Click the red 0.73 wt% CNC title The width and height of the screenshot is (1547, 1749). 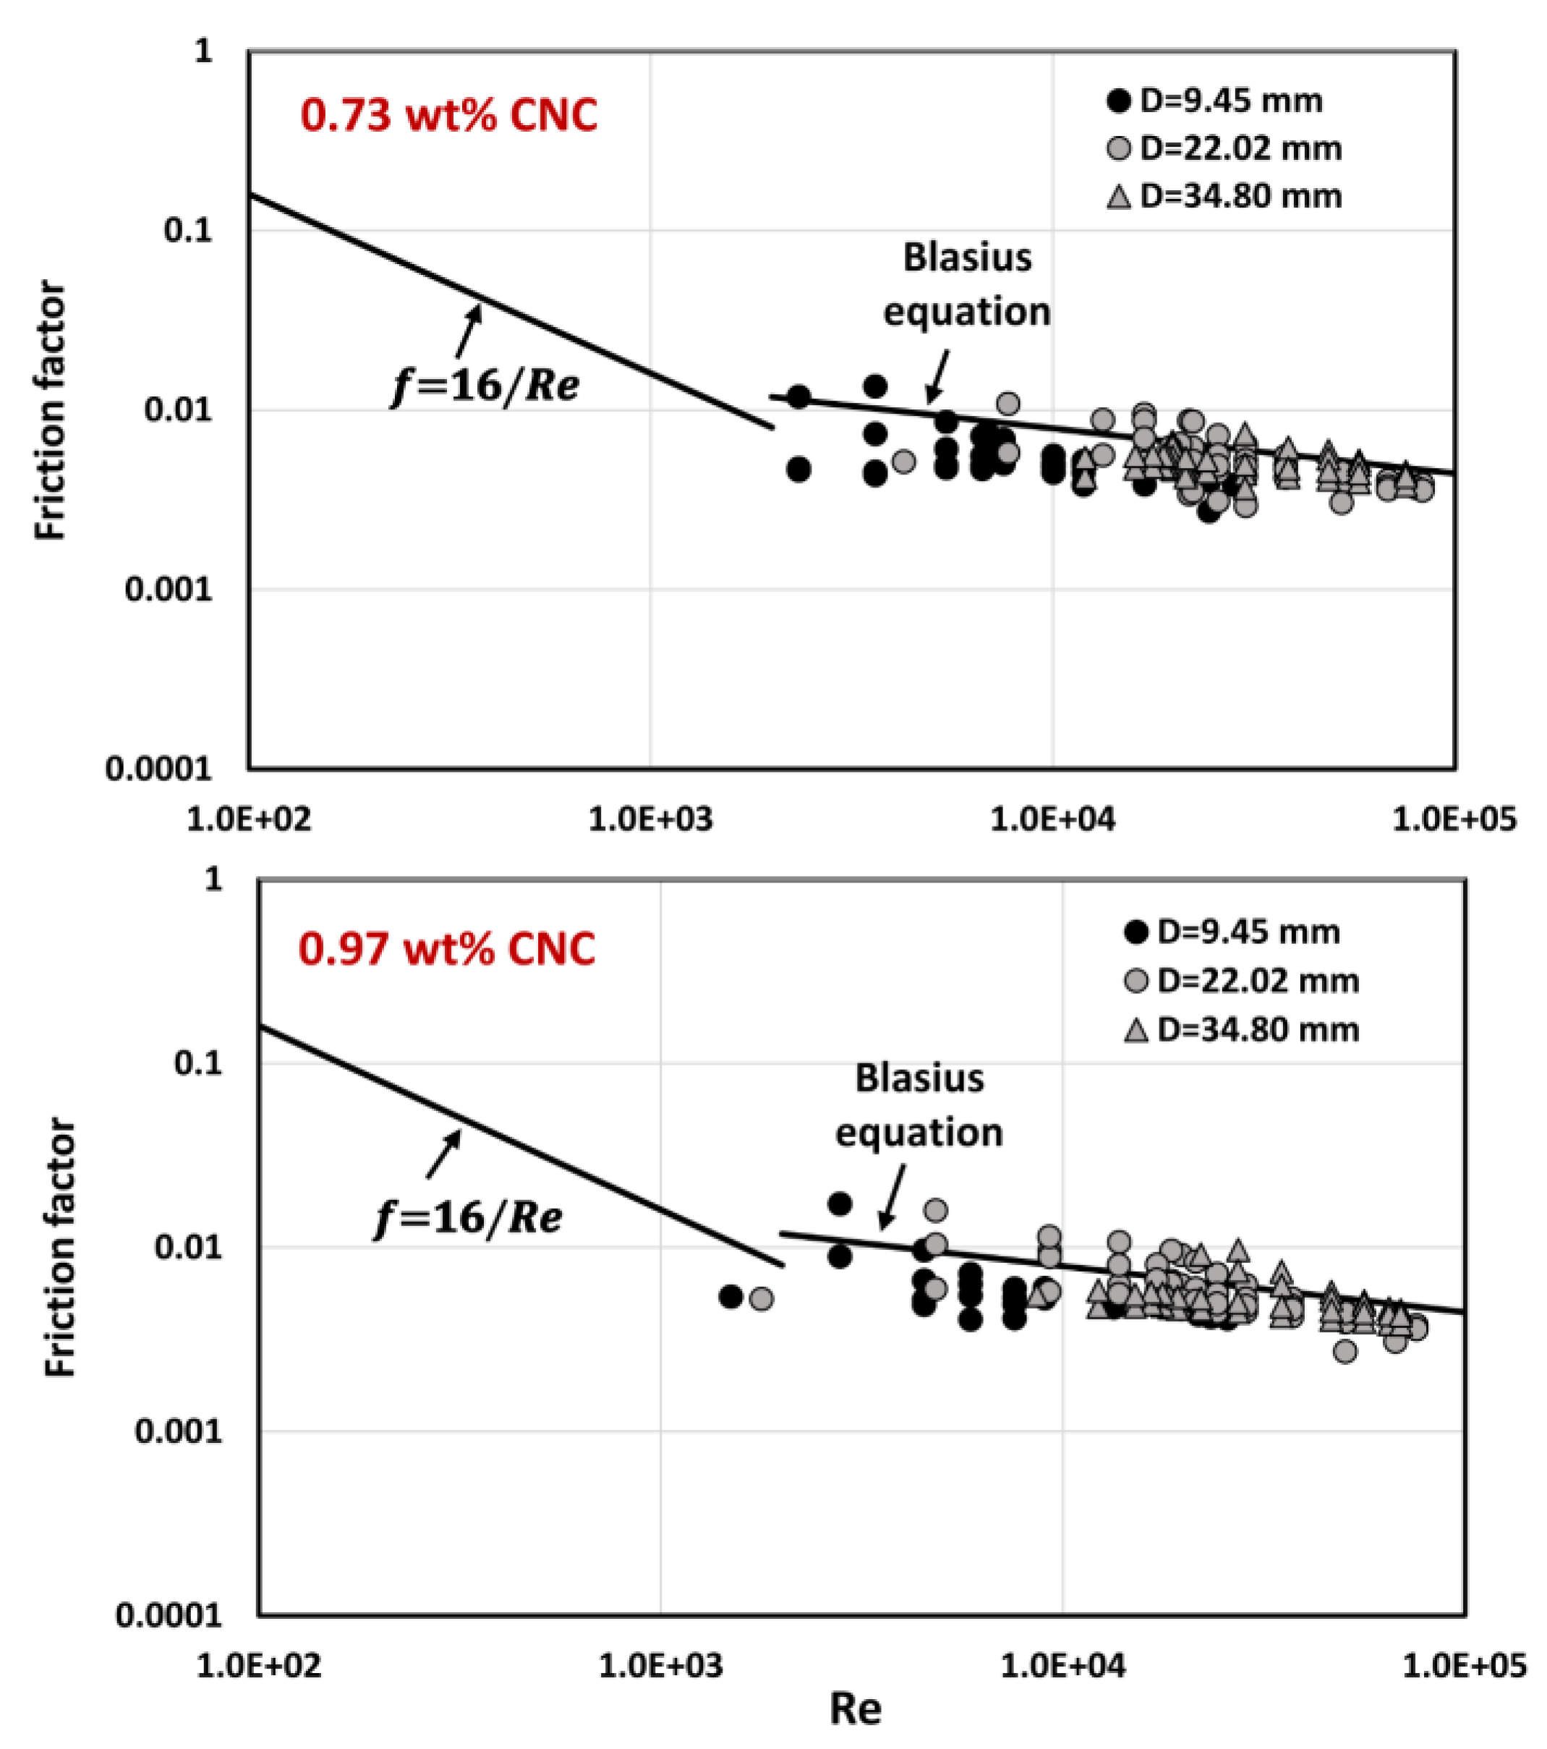click(448, 116)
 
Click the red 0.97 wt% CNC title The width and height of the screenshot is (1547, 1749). click(447, 950)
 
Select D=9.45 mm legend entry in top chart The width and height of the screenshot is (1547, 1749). click(1214, 101)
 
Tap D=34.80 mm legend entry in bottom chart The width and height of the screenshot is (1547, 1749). click(1240, 1029)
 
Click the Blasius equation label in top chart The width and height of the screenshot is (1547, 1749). click(967, 284)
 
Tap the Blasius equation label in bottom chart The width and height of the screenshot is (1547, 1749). click(919, 1105)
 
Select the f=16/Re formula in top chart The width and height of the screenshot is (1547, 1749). click(485, 386)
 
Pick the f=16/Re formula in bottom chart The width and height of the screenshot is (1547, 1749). click(468, 1217)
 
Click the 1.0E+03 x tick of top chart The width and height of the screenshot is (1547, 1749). click(650, 820)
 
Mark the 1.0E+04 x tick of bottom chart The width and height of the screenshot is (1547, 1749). click(1062, 1666)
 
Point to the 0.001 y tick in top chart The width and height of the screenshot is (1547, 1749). click(168, 589)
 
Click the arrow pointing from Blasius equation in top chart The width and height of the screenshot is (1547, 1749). click(937, 377)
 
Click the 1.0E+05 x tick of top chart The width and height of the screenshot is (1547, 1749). click(1454, 820)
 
